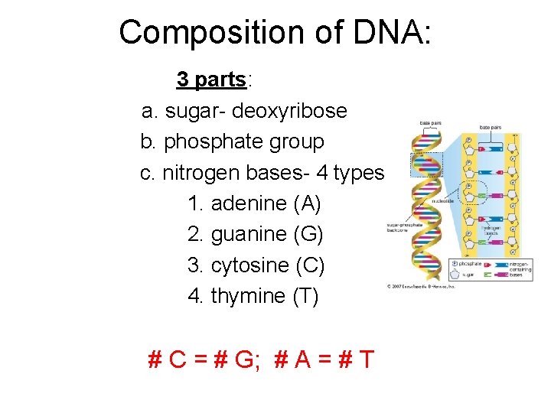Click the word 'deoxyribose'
point(289,112)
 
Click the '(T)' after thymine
point(305,296)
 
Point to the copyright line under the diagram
point(422,288)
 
